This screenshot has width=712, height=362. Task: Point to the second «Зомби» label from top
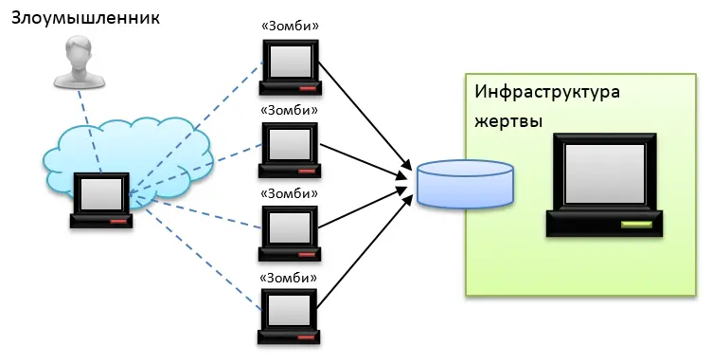click(290, 110)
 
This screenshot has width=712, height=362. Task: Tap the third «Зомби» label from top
click(290, 193)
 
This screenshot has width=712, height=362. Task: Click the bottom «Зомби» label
click(290, 278)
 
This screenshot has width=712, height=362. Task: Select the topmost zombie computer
click(291, 65)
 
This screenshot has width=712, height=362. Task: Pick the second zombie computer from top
click(290, 150)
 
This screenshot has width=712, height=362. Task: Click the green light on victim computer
click(636, 226)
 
